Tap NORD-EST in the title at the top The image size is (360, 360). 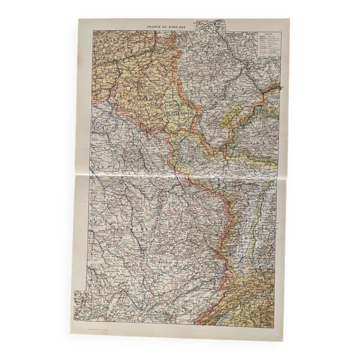(x=192, y=28)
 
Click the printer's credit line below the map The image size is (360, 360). (x=97, y=329)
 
